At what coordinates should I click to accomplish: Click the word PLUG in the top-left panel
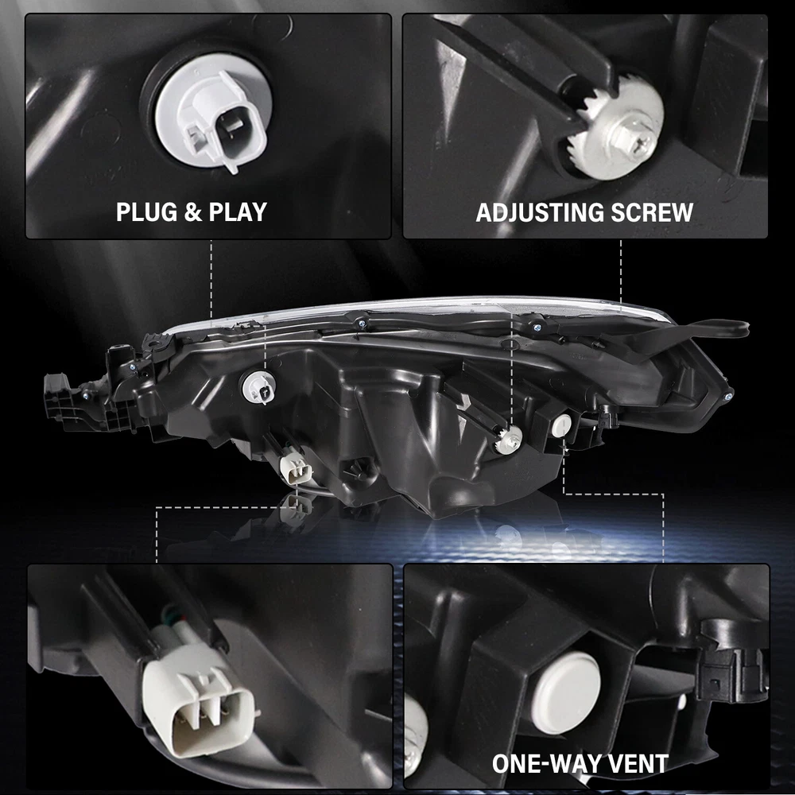(x=146, y=212)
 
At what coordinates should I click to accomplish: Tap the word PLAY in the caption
(x=238, y=212)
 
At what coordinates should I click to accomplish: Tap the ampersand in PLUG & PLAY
(x=192, y=212)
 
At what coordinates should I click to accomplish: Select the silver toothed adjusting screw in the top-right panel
(x=617, y=132)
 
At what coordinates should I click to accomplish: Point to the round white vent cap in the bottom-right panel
(x=566, y=693)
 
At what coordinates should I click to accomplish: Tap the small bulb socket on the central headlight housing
(x=258, y=388)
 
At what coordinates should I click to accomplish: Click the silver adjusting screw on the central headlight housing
(x=509, y=440)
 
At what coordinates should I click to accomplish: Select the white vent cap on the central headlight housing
(x=561, y=425)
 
